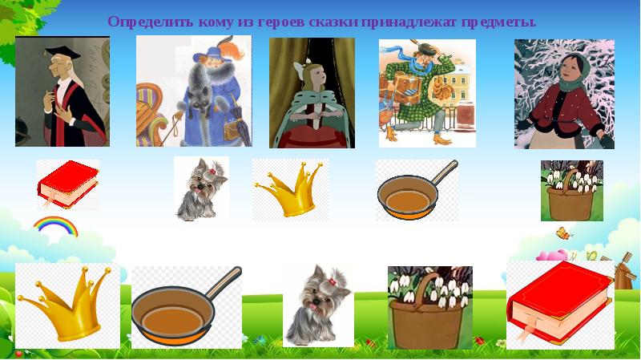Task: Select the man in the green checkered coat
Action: point(425,92)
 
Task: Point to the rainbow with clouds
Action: point(54,230)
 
